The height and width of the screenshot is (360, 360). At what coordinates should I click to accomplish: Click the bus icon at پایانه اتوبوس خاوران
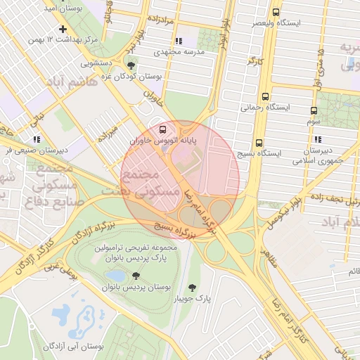[x=163, y=129]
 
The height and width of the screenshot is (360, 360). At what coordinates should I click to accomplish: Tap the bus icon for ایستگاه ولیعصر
[x=275, y=12]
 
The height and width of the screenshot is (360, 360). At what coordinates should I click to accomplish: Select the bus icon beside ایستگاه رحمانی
[x=265, y=96]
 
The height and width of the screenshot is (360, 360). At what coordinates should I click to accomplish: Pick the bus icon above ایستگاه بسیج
[x=259, y=141]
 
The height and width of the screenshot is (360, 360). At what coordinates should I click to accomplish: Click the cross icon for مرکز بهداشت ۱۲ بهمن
[x=63, y=29]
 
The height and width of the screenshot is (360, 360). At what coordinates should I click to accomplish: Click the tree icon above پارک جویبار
[x=193, y=288]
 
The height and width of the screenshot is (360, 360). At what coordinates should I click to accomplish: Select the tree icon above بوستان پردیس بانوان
[x=136, y=276]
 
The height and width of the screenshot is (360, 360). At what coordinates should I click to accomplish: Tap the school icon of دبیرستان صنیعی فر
[x=36, y=139]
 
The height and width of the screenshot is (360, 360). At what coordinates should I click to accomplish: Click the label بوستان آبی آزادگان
[x=74, y=346]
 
